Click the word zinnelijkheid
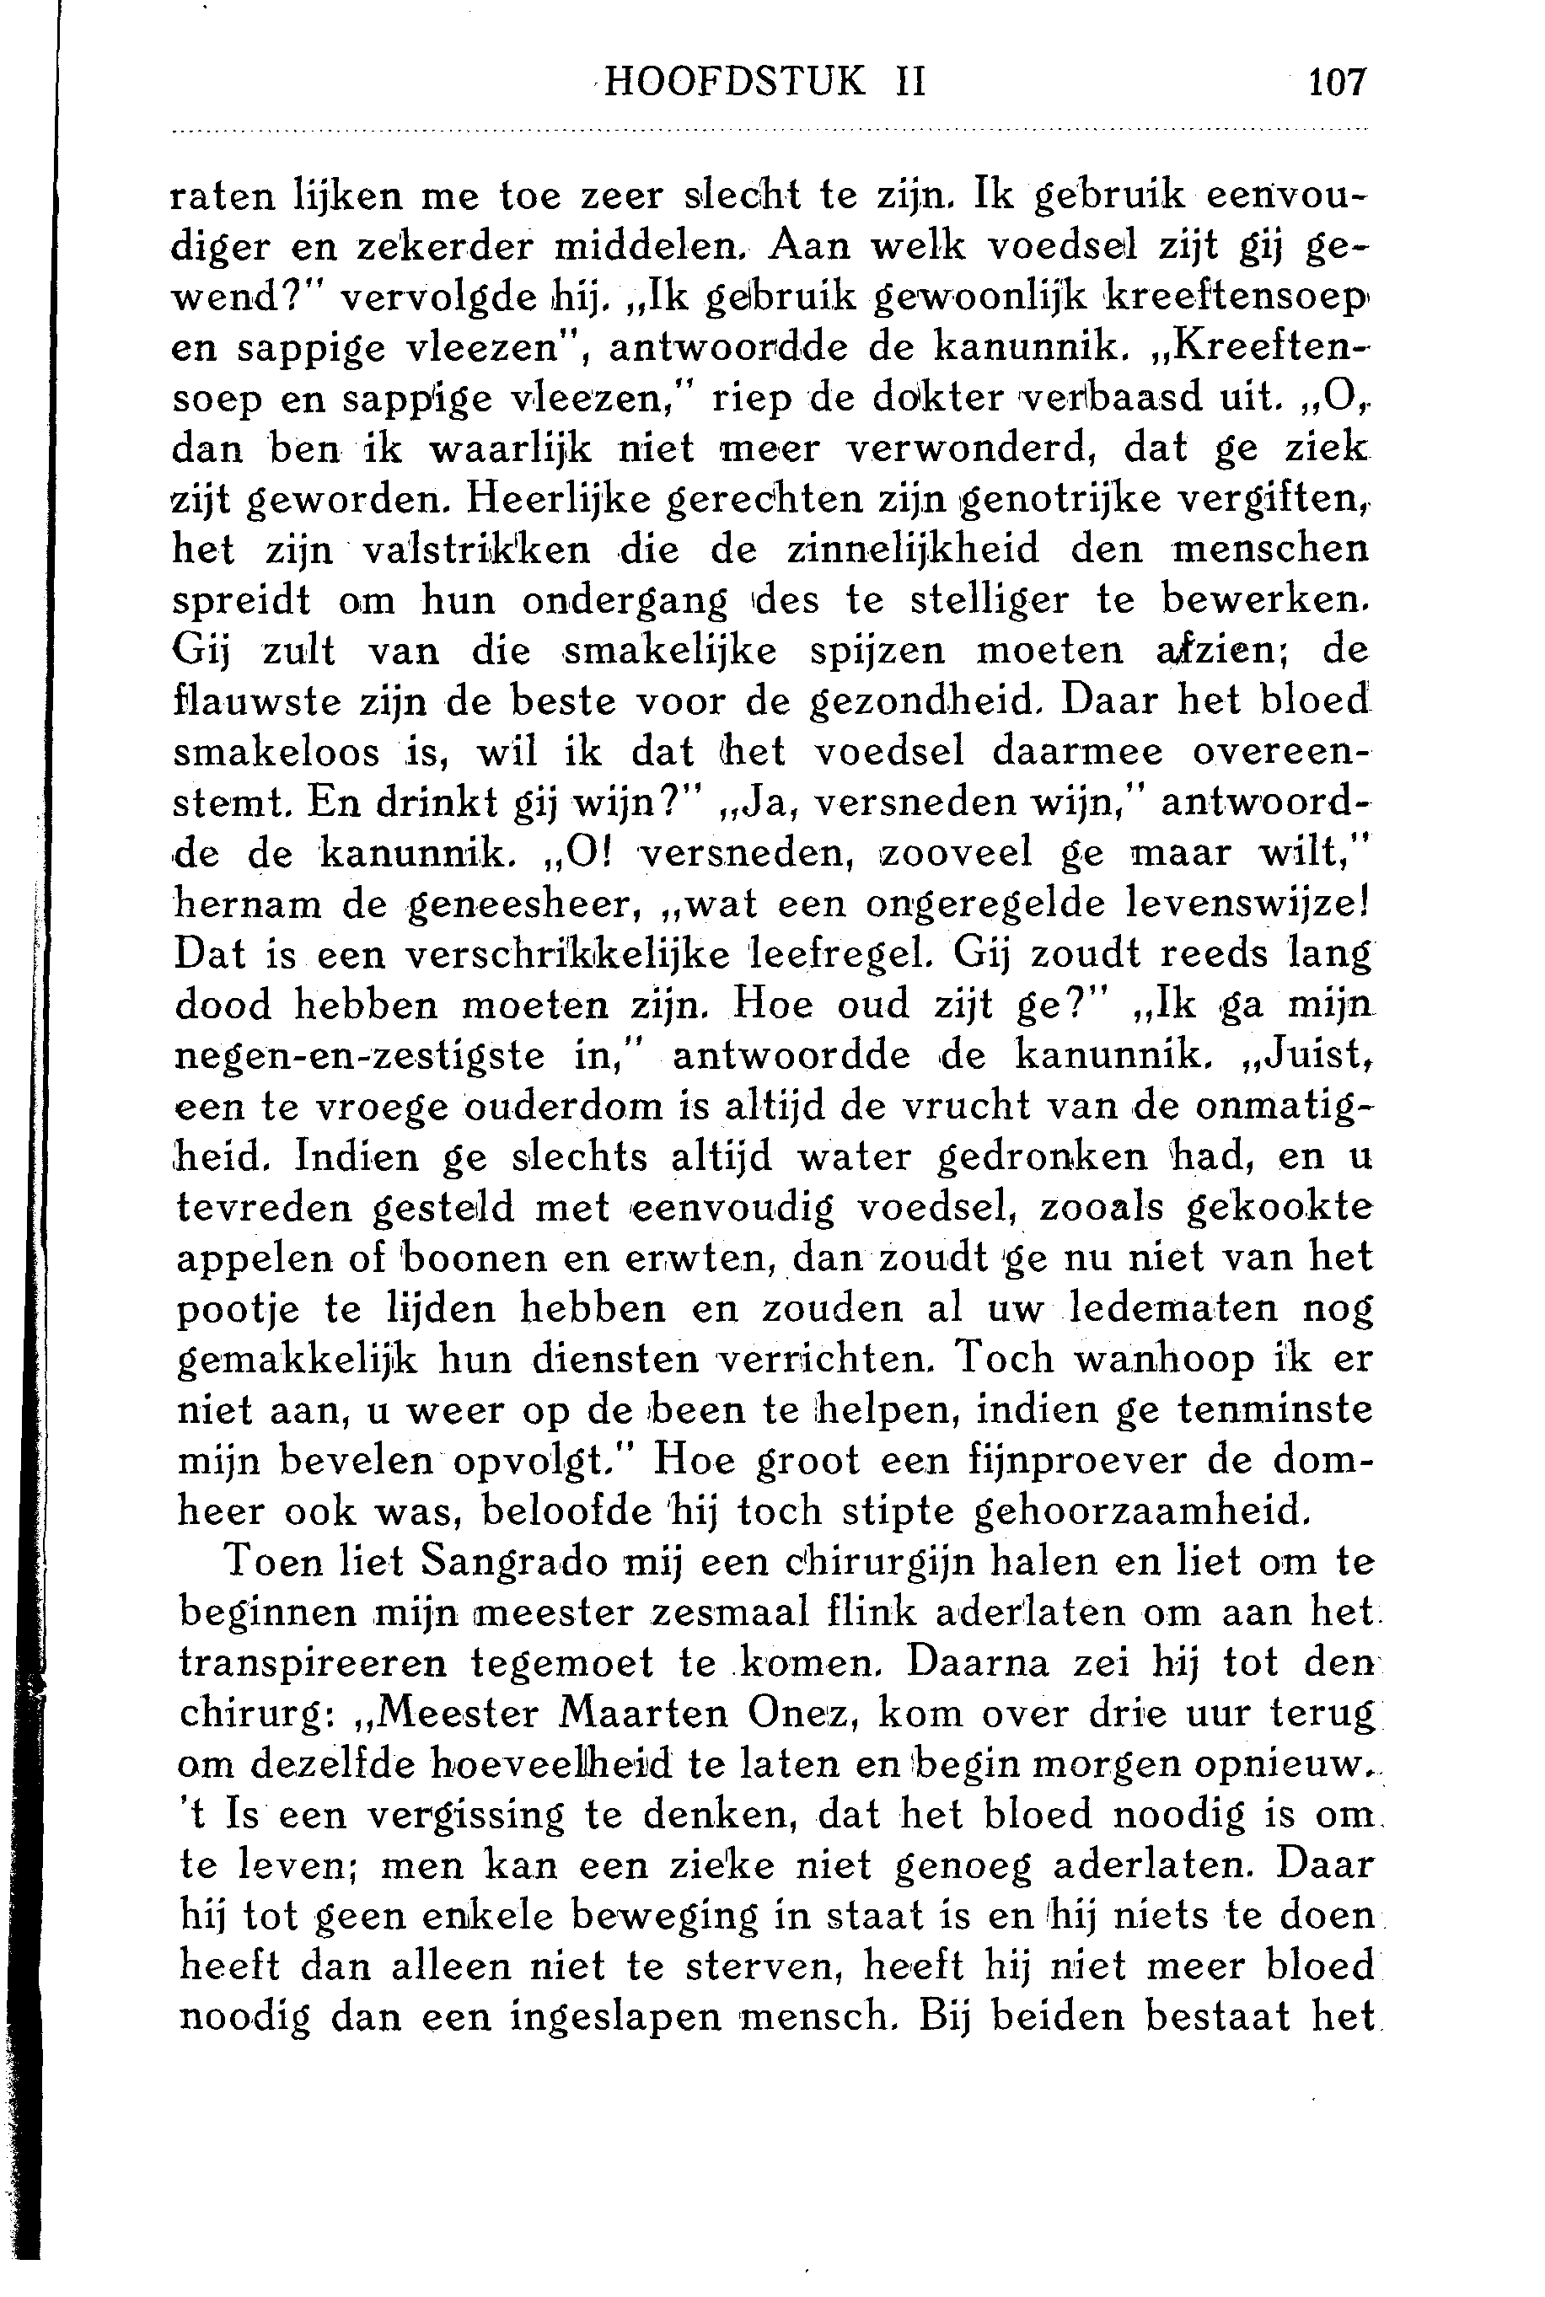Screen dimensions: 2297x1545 click(x=909, y=549)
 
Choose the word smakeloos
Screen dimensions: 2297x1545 click(x=278, y=752)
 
